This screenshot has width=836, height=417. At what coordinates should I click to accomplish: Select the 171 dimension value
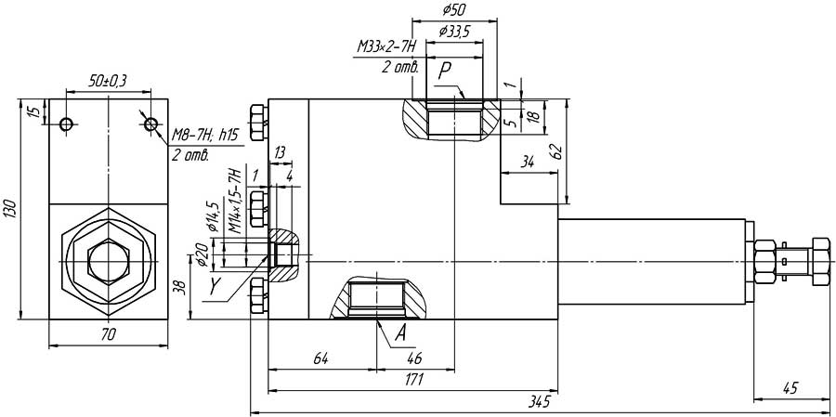[414, 380]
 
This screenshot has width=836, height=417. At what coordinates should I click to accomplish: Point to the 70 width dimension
[109, 335]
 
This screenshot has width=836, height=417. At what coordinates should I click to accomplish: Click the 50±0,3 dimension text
[107, 81]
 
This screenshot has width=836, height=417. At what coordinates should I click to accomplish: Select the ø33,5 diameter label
[453, 32]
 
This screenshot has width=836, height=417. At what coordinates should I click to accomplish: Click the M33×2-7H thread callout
[386, 48]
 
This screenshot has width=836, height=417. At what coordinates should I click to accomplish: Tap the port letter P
[445, 70]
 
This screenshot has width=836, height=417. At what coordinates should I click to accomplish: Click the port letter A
[401, 333]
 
